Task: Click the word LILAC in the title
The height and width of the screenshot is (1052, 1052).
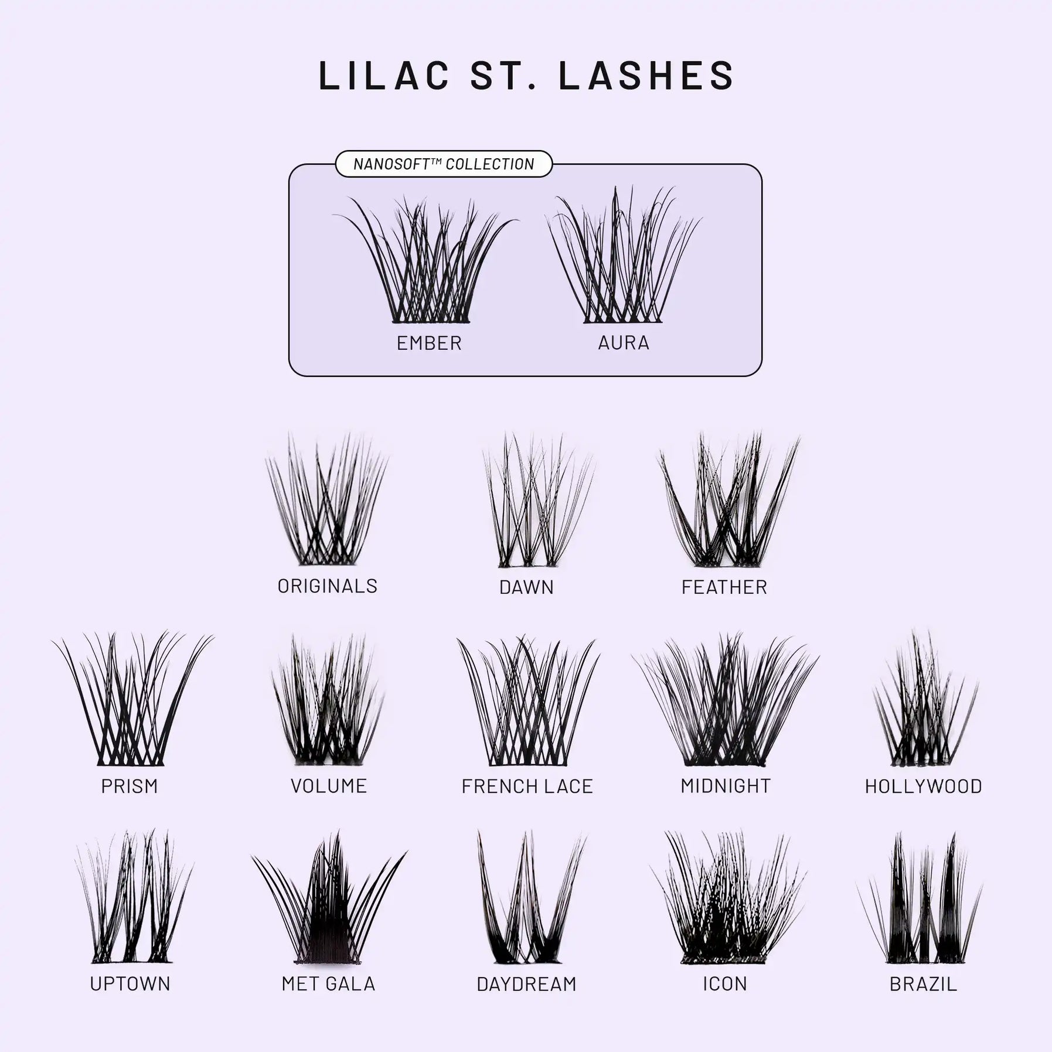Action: (384, 75)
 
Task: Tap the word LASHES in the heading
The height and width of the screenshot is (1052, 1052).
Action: (646, 75)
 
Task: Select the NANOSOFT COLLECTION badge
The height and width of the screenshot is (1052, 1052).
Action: (444, 164)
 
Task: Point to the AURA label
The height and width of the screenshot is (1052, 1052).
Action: (624, 343)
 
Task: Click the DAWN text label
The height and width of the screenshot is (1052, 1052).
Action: (526, 587)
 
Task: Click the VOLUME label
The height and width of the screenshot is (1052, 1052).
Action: (329, 786)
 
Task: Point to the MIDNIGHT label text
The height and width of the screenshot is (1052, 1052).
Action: (726, 786)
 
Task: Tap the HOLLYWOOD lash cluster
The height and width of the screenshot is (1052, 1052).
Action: (924, 703)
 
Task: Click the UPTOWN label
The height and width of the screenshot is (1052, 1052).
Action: (130, 983)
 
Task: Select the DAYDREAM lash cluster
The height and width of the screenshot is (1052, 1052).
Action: (527, 903)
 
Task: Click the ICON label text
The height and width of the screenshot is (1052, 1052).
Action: (725, 983)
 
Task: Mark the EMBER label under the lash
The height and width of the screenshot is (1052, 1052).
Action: (429, 343)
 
